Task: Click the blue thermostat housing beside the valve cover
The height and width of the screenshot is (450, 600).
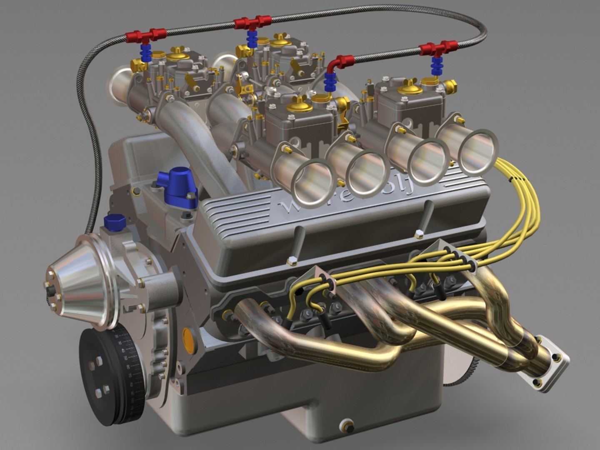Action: coord(180,187)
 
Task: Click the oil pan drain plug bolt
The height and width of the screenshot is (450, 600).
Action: coord(346,425)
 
